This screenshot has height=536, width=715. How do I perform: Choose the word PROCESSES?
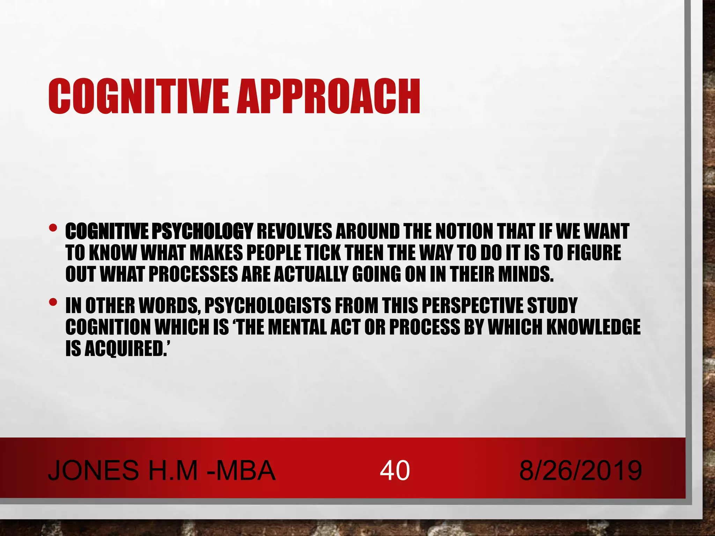193,274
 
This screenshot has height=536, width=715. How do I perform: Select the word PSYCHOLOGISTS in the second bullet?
267,306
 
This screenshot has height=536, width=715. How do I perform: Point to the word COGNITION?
108,327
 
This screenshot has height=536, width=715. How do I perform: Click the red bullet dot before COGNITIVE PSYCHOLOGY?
53,228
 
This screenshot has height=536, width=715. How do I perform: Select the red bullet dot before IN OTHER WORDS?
53,302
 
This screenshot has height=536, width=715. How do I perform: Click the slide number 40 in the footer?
395,470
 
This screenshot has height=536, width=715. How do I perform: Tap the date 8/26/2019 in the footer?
580,470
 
